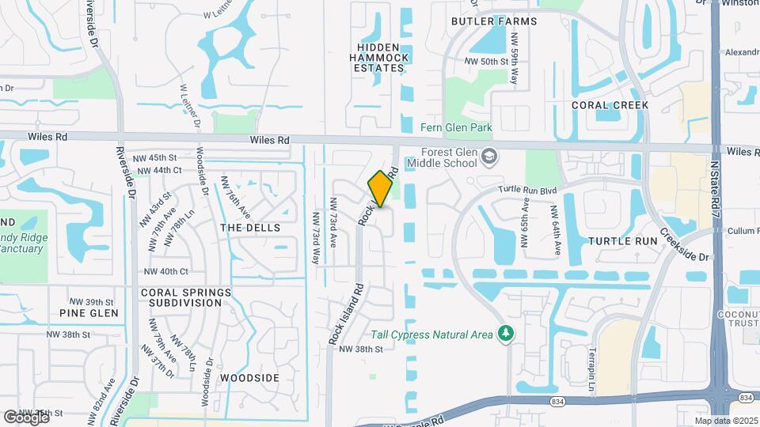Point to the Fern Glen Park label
coord(457,128)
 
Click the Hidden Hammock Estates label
coord(380,58)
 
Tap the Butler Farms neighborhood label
coord(494,21)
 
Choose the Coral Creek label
coord(610,105)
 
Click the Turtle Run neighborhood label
coord(623,240)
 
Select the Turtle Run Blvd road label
coord(528,190)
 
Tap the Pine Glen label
coord(89,313)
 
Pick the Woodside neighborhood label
coord(249,378)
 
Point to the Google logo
coord(25,417)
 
